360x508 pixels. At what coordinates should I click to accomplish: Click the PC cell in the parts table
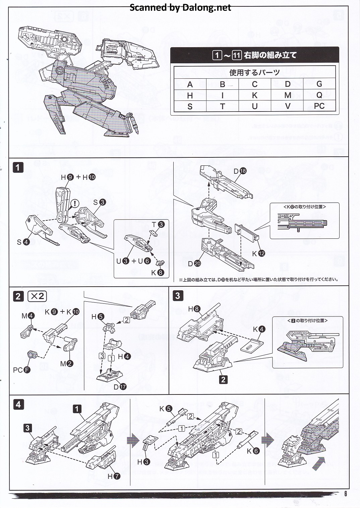319,106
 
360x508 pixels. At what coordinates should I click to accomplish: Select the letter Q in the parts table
319,95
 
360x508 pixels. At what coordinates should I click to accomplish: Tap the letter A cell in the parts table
190,84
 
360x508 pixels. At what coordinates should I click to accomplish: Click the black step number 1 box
18,167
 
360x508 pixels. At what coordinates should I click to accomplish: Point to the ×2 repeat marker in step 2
37,296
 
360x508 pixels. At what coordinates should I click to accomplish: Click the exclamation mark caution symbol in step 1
75,203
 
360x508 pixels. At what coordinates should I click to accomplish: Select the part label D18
240,171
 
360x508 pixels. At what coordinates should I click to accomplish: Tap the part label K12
258,253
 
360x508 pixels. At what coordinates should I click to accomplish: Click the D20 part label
194,264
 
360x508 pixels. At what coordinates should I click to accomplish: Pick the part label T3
158,224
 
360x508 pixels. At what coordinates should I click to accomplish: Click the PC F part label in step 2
21,370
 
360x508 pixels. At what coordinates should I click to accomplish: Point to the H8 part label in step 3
194,309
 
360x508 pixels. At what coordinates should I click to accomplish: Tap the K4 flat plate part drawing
252,345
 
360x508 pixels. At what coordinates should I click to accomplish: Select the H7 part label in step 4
114,476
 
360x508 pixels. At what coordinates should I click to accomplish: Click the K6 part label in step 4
253,451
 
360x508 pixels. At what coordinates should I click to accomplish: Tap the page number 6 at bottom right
346,493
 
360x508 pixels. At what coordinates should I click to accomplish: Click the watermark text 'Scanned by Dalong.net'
180,7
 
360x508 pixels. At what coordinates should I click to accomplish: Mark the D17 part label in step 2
120,387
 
